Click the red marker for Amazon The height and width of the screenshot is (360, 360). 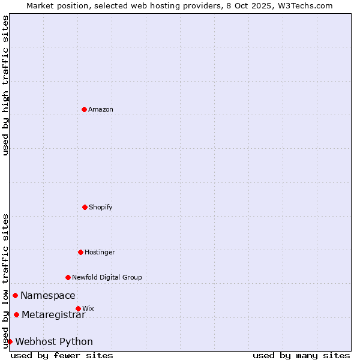pos(84,109)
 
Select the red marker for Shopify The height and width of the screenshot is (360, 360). pos(85,207)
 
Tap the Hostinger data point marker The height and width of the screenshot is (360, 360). pos(80,252)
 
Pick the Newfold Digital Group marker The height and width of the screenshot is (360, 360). pos(68,277)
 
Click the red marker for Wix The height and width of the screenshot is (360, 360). pos(78,308)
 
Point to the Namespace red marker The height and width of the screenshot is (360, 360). pos(15,295)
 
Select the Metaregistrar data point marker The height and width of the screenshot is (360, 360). pos(16,314)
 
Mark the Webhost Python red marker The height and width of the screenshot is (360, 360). pos(10,341)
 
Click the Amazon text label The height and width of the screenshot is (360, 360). pos(101,109)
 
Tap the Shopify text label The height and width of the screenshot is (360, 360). pos(101,207)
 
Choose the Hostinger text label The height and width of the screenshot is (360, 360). pos(100,252)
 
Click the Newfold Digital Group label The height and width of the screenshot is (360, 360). pos(107,277)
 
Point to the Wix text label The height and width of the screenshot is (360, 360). pos(88,308)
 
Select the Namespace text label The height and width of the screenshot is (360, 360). pos(48,295)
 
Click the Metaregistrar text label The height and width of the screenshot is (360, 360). pos(53,314)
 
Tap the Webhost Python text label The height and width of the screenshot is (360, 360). pos(54,341)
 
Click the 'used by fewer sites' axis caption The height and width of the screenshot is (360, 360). pos(62,355)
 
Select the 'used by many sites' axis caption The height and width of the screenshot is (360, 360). pos(301,355)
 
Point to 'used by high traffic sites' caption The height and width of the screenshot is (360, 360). pos(5,85)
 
